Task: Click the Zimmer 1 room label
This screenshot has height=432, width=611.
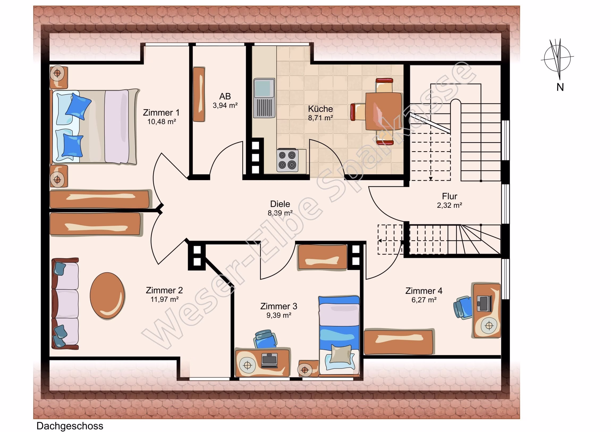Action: (161, 113)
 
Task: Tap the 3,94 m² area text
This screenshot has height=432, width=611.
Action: (225, 105)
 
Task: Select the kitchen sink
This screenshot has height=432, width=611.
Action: (264, 98)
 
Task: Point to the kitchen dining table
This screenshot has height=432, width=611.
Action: (384, 111)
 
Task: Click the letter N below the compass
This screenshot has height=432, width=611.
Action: (560, 87)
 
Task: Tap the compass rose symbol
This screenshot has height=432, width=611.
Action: (557, 58)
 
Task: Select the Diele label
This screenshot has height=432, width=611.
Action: (280, 204)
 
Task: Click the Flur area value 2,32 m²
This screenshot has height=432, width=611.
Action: (449, 205)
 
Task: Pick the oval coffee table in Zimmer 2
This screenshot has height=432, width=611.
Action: (107, 295)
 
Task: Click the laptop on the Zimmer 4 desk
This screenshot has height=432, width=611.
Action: (485, 303)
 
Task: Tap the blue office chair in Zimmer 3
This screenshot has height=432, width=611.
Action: (265, 339)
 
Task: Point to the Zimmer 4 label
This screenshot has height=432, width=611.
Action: (424, 291)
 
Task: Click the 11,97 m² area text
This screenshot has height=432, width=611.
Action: (164, 299)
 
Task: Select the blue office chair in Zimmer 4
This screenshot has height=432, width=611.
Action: (463, 307)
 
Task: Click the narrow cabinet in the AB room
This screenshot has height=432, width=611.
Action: (199, 94)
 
